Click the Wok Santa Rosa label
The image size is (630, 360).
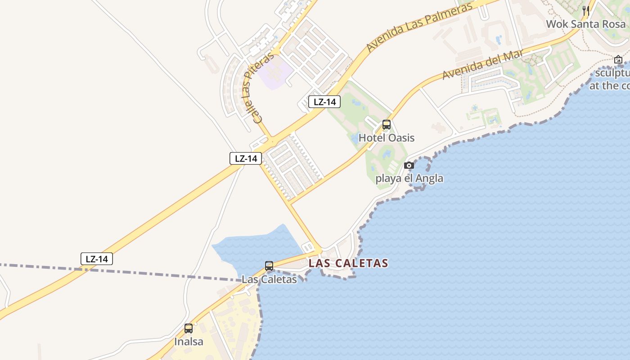point(585,24)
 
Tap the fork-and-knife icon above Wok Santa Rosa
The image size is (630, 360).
point(586,10)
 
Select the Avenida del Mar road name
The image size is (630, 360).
point(483,64)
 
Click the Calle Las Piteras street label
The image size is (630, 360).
point(257,87)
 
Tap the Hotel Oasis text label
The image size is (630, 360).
point(386,138)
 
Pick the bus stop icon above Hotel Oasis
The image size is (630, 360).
point(386,125)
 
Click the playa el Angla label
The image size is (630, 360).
point(409,178)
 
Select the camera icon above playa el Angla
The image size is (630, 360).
point(409,165)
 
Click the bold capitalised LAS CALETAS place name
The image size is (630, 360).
point(348,263)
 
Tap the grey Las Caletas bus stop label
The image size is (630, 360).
point(269,279)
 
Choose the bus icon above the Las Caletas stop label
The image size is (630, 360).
point(269,266)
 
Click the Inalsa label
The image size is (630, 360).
point(189,342)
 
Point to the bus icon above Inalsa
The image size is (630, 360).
point(189,328)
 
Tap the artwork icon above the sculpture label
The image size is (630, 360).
point(618,59)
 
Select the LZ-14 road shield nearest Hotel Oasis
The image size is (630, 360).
point(324,102)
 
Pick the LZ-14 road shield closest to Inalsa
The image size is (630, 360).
point(97,259)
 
